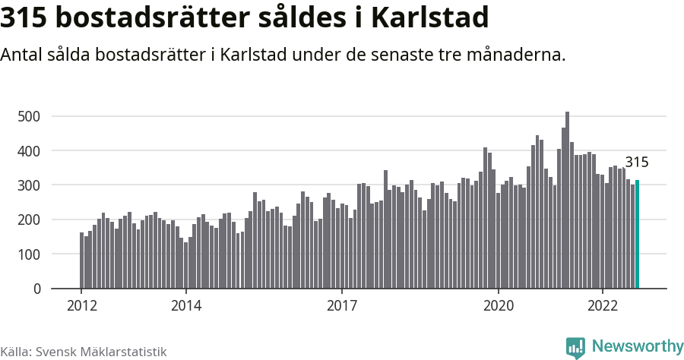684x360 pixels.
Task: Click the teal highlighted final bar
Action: click(x=637, y=235)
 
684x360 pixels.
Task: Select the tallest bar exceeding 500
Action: click(x=567, y=201)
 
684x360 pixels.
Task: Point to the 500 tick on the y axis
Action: click(x=30, y=116)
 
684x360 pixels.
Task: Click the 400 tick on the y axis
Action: click(x=30, y=151)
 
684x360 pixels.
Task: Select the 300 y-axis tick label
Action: click(x=30, y=185)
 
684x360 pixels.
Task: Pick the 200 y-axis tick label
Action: click(x=30, y=219)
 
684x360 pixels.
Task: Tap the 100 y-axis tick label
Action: click(x=30, y=254)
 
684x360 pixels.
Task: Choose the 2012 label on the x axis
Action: click(x=81, y=306)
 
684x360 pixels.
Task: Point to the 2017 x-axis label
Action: click(x=342, y=306)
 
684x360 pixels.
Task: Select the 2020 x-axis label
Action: click(x=499, y=306)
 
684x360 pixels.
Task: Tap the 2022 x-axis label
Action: click(x=603, y=306)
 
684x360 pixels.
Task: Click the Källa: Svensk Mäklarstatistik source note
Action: click(x=83, y=352)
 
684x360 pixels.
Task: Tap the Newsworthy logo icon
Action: click(x=575, y=347)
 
